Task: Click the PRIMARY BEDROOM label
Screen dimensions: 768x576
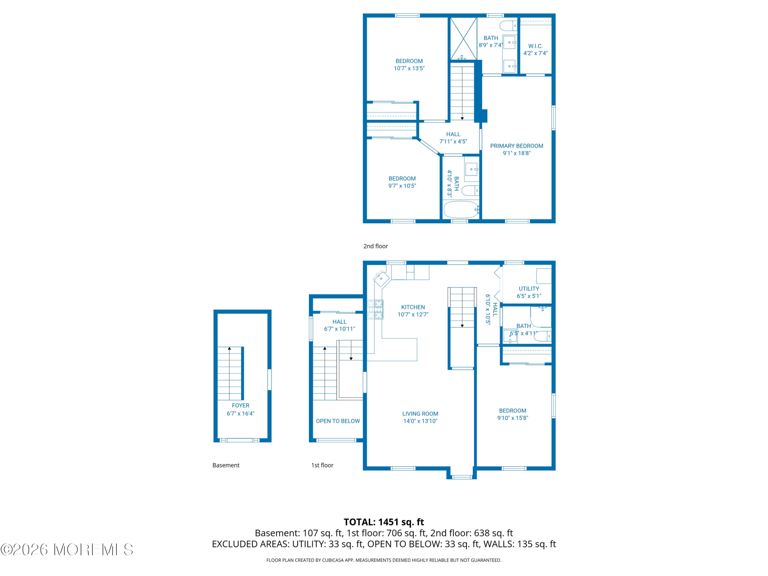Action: [x=517, y=146]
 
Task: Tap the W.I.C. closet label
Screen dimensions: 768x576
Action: [x=535, y=46]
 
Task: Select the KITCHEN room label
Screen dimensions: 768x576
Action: [x=413, y=307]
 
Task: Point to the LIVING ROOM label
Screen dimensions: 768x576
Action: [x=420, y=413]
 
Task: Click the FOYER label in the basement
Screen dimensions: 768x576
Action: [x=241, y=405]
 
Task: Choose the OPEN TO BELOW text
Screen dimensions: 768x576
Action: [x=338, y=421]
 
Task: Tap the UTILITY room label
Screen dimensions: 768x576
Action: [x=529, y=289]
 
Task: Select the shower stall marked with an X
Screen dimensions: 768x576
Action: [x=463, y=38]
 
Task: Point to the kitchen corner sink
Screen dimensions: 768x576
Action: [x=381, y=278]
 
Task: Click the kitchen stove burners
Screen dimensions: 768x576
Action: [x=375, y=309]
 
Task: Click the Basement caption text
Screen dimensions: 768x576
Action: [x=226, y=465]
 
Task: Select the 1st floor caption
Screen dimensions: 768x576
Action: [x=322, y=465]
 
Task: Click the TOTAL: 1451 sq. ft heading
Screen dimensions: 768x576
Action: [x=384, y=522]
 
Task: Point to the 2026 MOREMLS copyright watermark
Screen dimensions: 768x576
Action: [x=67, y=550]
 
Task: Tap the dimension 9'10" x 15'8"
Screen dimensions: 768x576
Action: [x=512, y=418]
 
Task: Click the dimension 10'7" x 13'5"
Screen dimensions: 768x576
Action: [x=409, y=68]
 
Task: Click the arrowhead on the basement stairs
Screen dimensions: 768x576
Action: [x=229, y=348]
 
